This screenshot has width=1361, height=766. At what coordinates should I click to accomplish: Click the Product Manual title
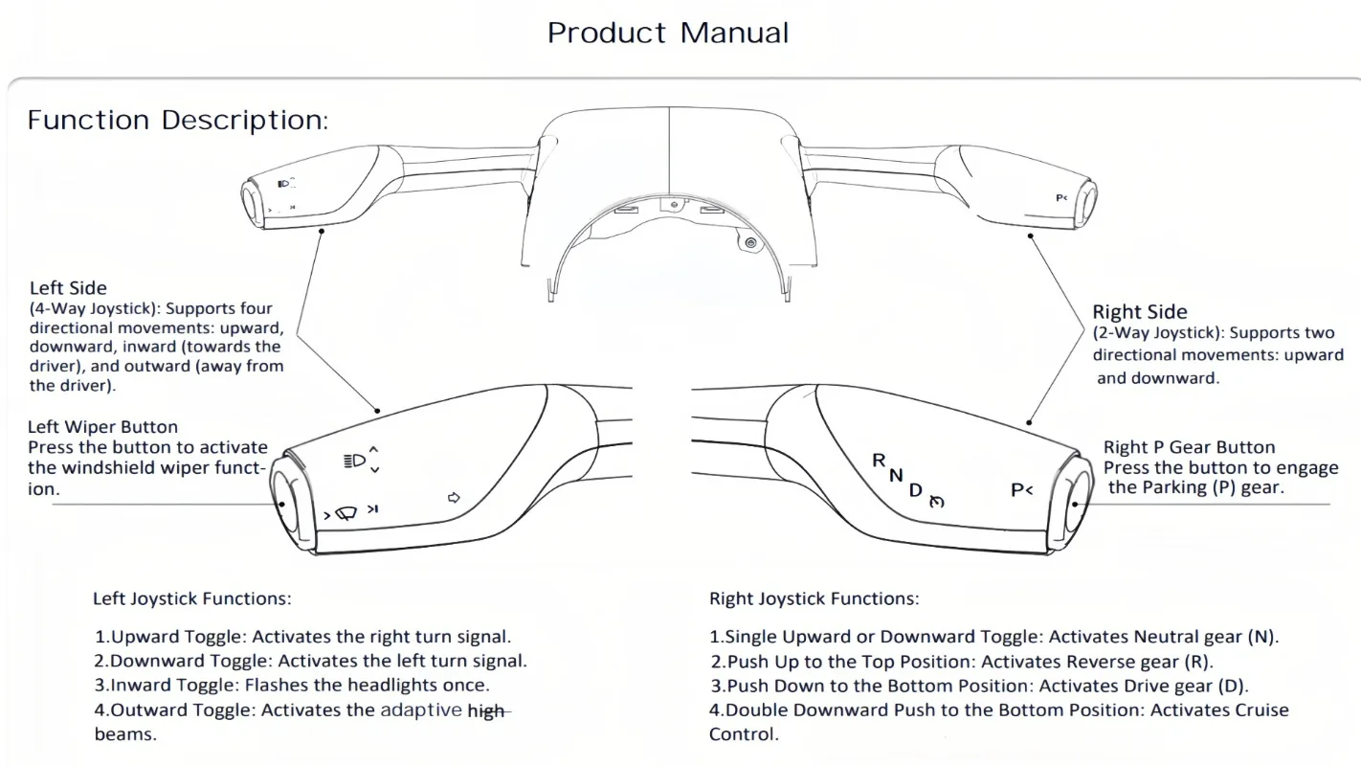point(668,33)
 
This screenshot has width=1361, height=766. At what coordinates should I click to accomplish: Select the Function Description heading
point(178,121)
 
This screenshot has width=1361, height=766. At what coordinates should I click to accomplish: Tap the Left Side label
point(68,287)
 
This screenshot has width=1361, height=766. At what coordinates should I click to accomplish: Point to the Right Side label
point(1139,312)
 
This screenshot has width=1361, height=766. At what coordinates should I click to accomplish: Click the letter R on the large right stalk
point(879,461)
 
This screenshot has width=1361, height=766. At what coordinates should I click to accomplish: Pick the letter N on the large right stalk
point(896,475)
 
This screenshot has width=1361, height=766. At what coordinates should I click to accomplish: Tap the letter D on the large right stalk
point(915,490)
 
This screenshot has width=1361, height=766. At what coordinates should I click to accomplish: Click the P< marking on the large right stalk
point(1021,490)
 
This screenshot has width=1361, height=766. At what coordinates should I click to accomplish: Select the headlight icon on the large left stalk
point(354,461)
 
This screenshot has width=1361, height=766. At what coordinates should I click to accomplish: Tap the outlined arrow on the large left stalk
point(455,498)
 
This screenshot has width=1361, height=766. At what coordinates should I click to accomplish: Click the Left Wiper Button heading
point(102,427)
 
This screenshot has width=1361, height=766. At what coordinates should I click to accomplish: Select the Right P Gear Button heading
point(1189,447)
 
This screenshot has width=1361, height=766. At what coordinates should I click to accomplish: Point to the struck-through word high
point(486,711)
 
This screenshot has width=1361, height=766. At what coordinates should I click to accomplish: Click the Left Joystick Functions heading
point(191,599)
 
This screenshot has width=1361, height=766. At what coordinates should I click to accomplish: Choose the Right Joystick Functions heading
point(814,599)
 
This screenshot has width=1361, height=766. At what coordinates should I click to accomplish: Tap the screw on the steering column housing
point(750,243)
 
